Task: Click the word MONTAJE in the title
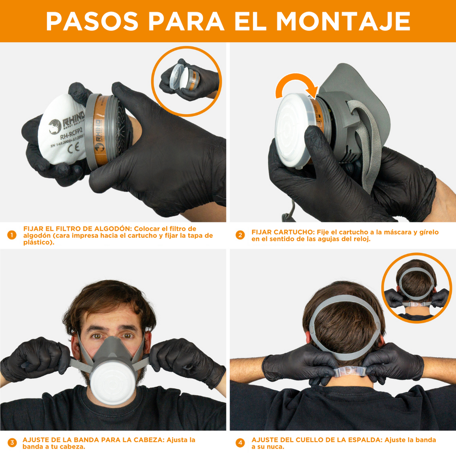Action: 343,21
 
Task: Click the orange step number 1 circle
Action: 12,235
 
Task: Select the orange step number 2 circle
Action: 240,235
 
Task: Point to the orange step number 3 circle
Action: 12,443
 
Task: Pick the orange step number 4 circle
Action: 240,443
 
